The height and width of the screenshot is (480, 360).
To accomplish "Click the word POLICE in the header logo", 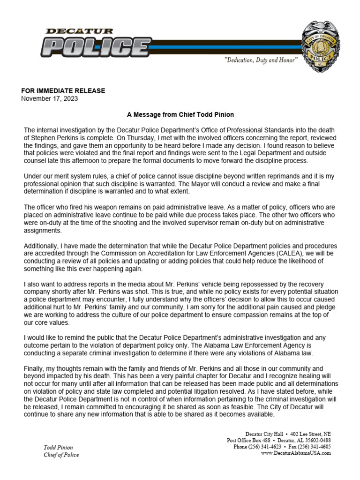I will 94,47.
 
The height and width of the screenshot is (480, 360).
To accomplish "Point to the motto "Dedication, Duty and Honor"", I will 261,61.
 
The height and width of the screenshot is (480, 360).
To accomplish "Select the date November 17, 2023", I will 50,98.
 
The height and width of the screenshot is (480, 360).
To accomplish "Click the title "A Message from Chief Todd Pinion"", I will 180,114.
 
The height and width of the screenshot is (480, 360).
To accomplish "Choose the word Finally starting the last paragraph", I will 34,368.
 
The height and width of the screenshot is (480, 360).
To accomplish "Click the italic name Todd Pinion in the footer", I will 58,448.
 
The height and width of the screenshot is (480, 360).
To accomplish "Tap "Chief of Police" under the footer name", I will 61,455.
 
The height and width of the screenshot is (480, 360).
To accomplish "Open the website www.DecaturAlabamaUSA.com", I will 296,453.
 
